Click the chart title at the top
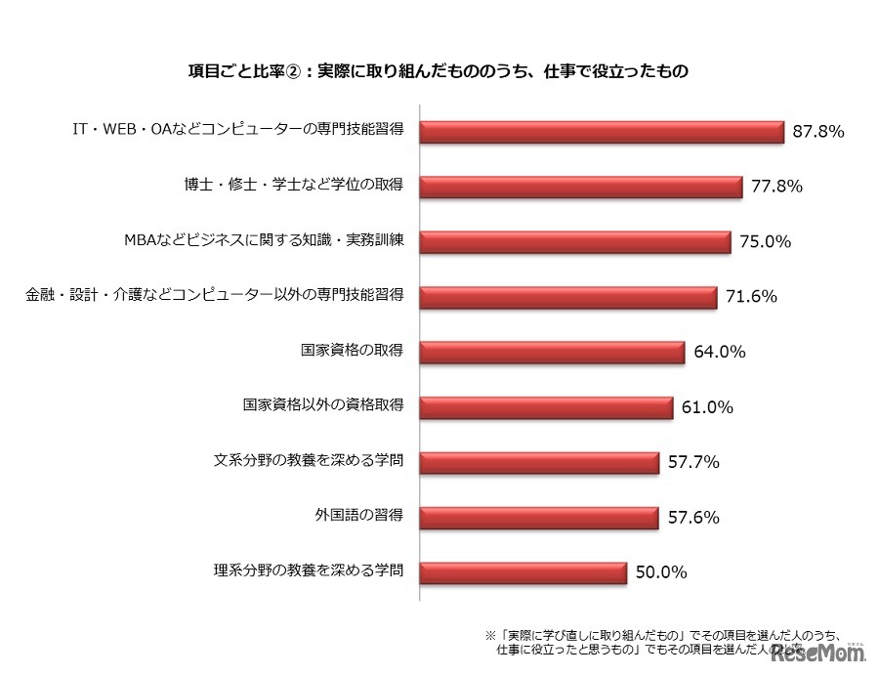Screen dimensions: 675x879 [439, 70]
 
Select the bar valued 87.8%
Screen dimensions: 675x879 [602, 132]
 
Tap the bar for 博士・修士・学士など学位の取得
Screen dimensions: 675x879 [582, 187]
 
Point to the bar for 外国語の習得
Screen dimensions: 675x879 [537, 518]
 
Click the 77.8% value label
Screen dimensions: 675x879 [777, 186]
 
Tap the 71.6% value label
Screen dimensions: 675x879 [752, 296]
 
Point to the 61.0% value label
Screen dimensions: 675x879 [708, 406]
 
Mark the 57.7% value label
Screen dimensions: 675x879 [693, 462]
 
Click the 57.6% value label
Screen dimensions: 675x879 [693, 517]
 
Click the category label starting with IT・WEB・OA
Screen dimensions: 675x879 [239, 130]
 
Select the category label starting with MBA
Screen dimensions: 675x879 [265, 240]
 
